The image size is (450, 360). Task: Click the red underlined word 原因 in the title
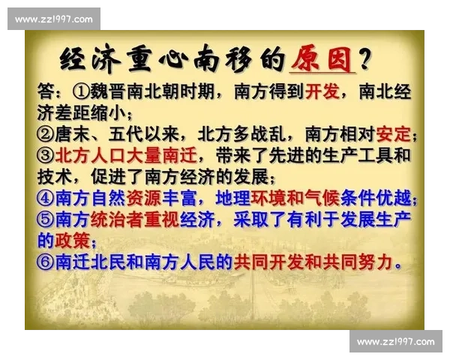[x=322, y=59]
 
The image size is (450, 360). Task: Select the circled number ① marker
[x=82, y=92]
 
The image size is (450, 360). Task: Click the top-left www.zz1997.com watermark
[x=54, y=19]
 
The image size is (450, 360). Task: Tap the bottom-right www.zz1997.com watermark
[x=395, y=341]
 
